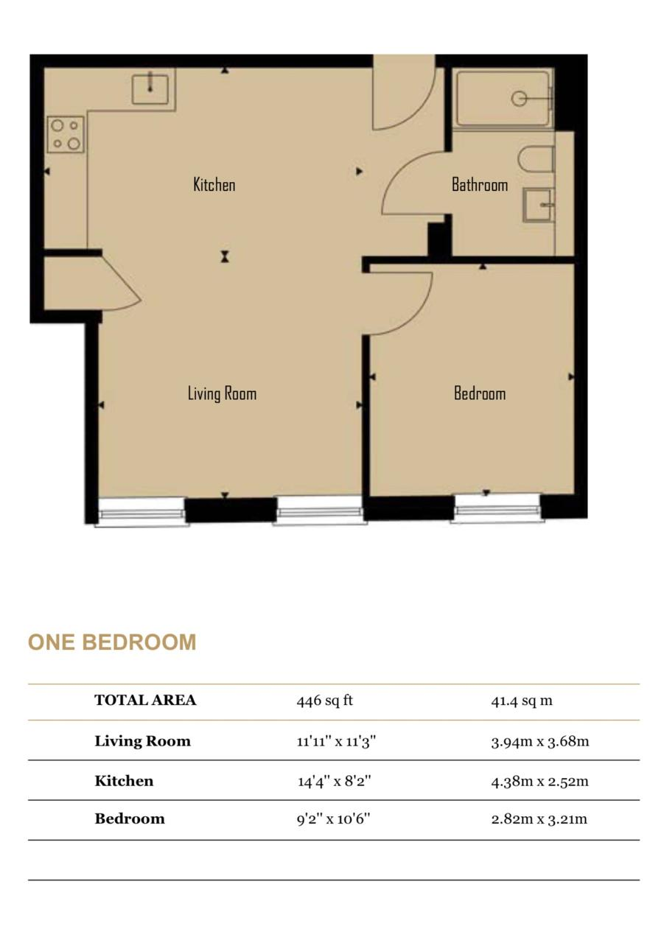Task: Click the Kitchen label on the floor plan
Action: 214,184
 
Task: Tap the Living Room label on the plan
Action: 222,393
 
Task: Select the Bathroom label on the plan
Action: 480,184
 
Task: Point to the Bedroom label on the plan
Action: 480,393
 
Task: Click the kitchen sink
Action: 150,89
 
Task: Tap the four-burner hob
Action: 66,134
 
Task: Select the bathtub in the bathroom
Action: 503,99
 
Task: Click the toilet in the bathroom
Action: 537,159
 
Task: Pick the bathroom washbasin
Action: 539,205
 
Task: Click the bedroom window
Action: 497,509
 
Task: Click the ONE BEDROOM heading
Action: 112,642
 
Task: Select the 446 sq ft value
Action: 325,701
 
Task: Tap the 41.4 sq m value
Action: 522,701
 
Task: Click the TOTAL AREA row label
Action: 145,700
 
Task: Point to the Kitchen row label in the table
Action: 125,781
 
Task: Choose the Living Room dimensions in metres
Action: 540,741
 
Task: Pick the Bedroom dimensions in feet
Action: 333,818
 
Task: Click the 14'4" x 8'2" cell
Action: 335,782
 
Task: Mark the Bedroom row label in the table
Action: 130,818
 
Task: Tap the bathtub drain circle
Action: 519,99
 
